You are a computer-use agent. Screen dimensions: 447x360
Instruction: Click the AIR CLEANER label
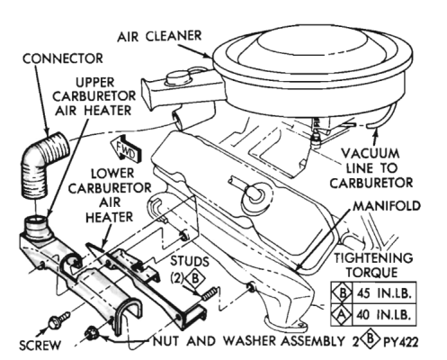159,36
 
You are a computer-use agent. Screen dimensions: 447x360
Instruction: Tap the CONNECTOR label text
63,58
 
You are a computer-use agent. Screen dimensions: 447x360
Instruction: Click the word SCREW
40,345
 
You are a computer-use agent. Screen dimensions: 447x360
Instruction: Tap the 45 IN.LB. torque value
383,293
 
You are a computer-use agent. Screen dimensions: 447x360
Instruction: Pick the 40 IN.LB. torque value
383,315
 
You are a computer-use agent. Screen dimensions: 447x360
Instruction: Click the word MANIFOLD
387,206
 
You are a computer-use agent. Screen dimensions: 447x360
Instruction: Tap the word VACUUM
371,154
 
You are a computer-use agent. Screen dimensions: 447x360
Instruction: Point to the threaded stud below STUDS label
209,294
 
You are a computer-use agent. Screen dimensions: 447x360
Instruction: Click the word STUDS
190,261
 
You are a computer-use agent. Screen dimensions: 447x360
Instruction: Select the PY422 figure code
400,342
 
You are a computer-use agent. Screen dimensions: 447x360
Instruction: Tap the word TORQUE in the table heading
371,273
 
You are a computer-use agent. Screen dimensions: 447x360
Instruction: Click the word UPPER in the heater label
94,82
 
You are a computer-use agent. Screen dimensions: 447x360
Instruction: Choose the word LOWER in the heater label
112,174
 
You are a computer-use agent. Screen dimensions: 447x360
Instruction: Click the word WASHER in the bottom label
251,341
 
